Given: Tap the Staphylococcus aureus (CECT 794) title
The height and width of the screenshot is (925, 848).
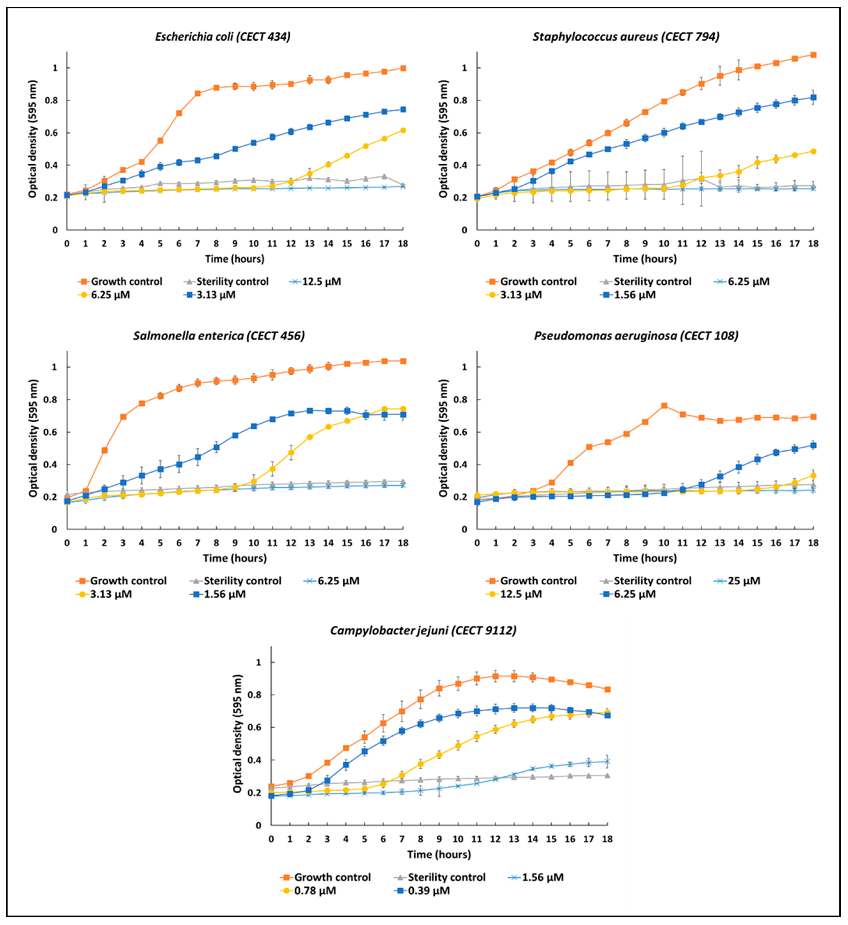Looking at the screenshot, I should [626, 37].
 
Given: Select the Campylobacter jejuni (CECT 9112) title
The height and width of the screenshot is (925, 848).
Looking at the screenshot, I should [423, 630].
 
